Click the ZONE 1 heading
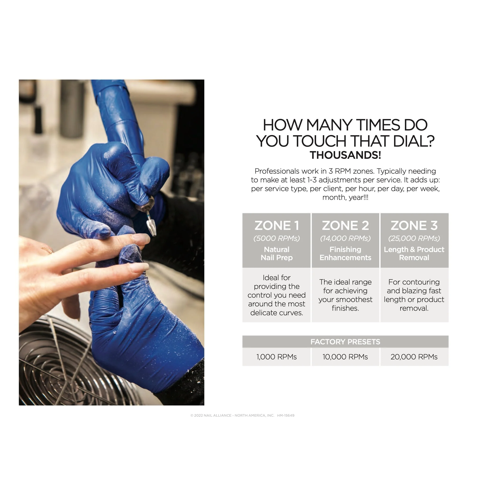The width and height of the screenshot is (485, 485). [x=277, y=226]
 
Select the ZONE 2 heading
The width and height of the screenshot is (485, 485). [x=346, y=226]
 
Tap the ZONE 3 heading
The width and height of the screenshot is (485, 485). [x=414, y=226]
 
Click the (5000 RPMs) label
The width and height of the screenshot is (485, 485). [x=277, y=238]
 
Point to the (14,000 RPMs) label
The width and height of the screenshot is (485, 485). [x=346, y=238]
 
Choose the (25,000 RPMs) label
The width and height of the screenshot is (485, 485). [x=414, y=238]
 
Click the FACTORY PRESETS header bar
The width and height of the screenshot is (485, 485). [x=346, y=342]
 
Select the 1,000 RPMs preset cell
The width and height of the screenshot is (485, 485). [x=276, y=357]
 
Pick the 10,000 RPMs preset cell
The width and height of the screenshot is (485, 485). [x=346, y=357]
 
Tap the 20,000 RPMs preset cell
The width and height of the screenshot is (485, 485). [x=414, y=357]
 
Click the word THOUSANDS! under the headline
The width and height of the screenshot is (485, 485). [x=346, y=155]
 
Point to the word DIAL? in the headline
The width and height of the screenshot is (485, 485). [x=414, y=141]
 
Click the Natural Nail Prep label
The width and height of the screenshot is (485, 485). [x=277, y=254]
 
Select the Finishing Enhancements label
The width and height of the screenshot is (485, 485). [x=346, y=254]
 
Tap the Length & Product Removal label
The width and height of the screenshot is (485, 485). [x=414, y=254]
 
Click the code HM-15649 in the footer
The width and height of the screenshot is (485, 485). [x=286, y=415]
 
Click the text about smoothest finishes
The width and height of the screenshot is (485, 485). [x=346, y=295]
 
